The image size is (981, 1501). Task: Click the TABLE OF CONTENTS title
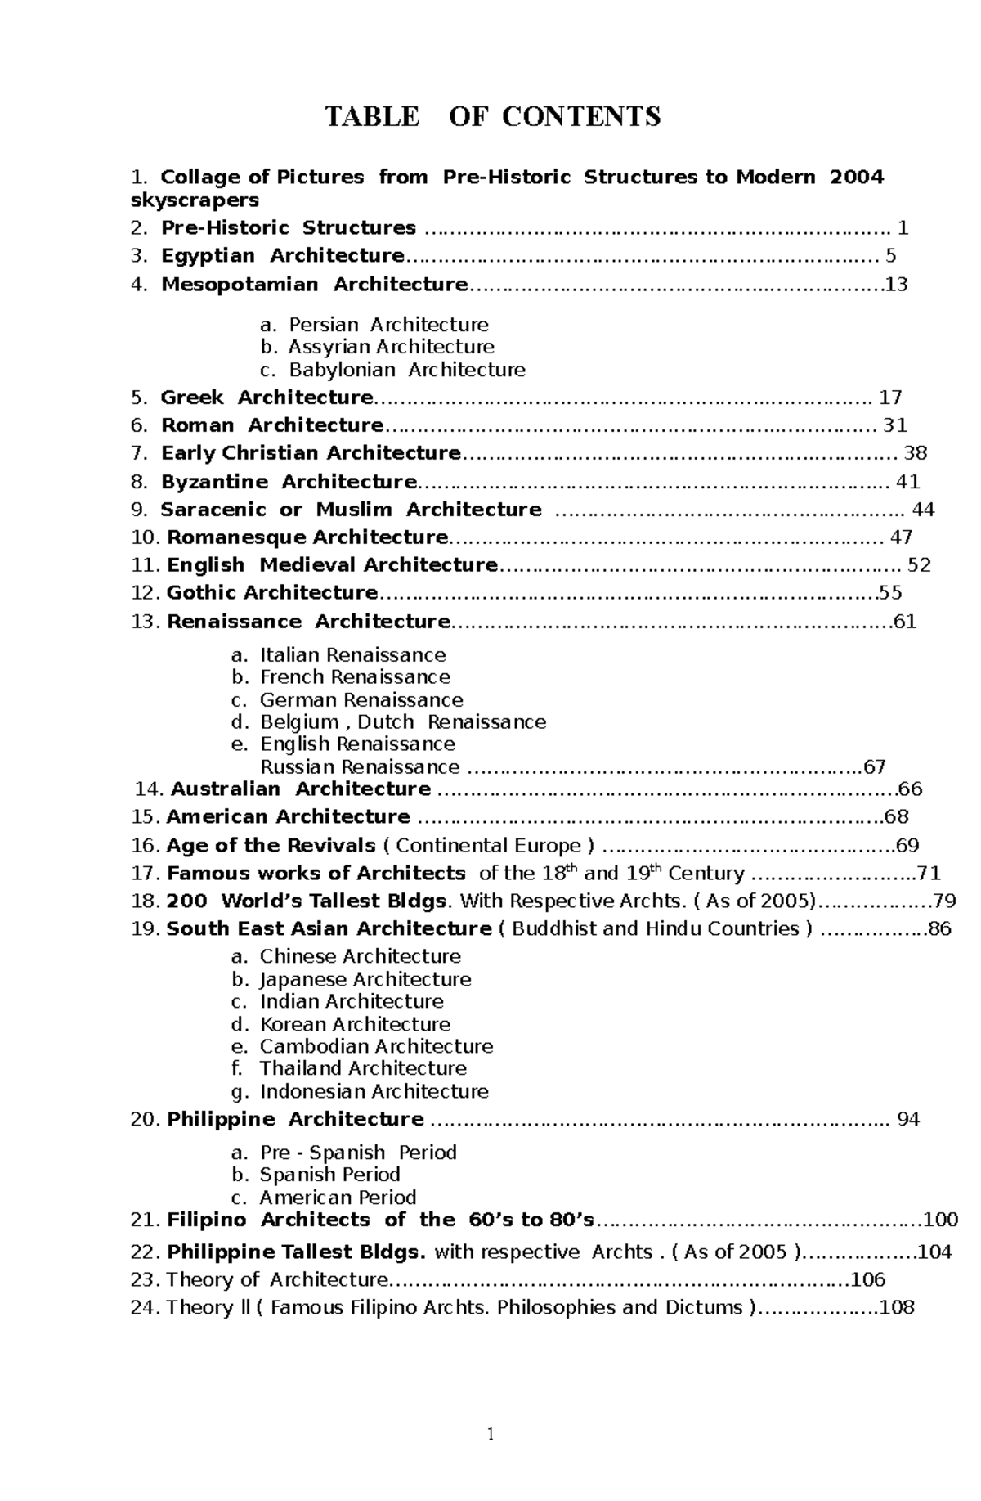(493, 117)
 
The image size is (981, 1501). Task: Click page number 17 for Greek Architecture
(889, 398)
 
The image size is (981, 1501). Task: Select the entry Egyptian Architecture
(282, 256)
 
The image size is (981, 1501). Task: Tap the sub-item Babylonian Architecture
(407, 370)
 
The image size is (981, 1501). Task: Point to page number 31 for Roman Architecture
(895, 426)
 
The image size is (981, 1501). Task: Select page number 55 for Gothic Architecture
(890, 593)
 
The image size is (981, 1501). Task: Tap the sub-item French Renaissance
(355, 677)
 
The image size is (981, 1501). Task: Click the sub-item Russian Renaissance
(360, 767)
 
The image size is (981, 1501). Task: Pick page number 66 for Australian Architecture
(910, 789)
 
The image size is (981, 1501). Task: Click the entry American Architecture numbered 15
(288, 817)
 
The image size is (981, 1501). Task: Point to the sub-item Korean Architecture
(355, 1024)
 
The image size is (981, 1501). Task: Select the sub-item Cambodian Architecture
(376, 1046)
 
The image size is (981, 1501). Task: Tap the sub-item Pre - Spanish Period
(358, 1153)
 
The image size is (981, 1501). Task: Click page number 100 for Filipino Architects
(941, 1220)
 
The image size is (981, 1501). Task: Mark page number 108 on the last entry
(897, 1307)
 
